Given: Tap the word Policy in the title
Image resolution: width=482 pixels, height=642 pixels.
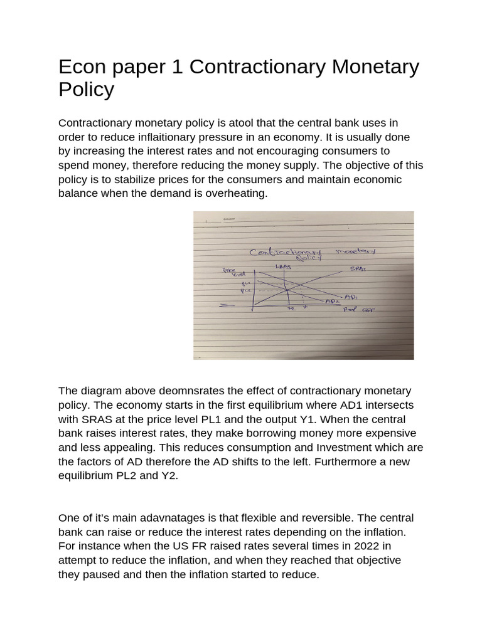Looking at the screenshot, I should pos(86,90).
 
